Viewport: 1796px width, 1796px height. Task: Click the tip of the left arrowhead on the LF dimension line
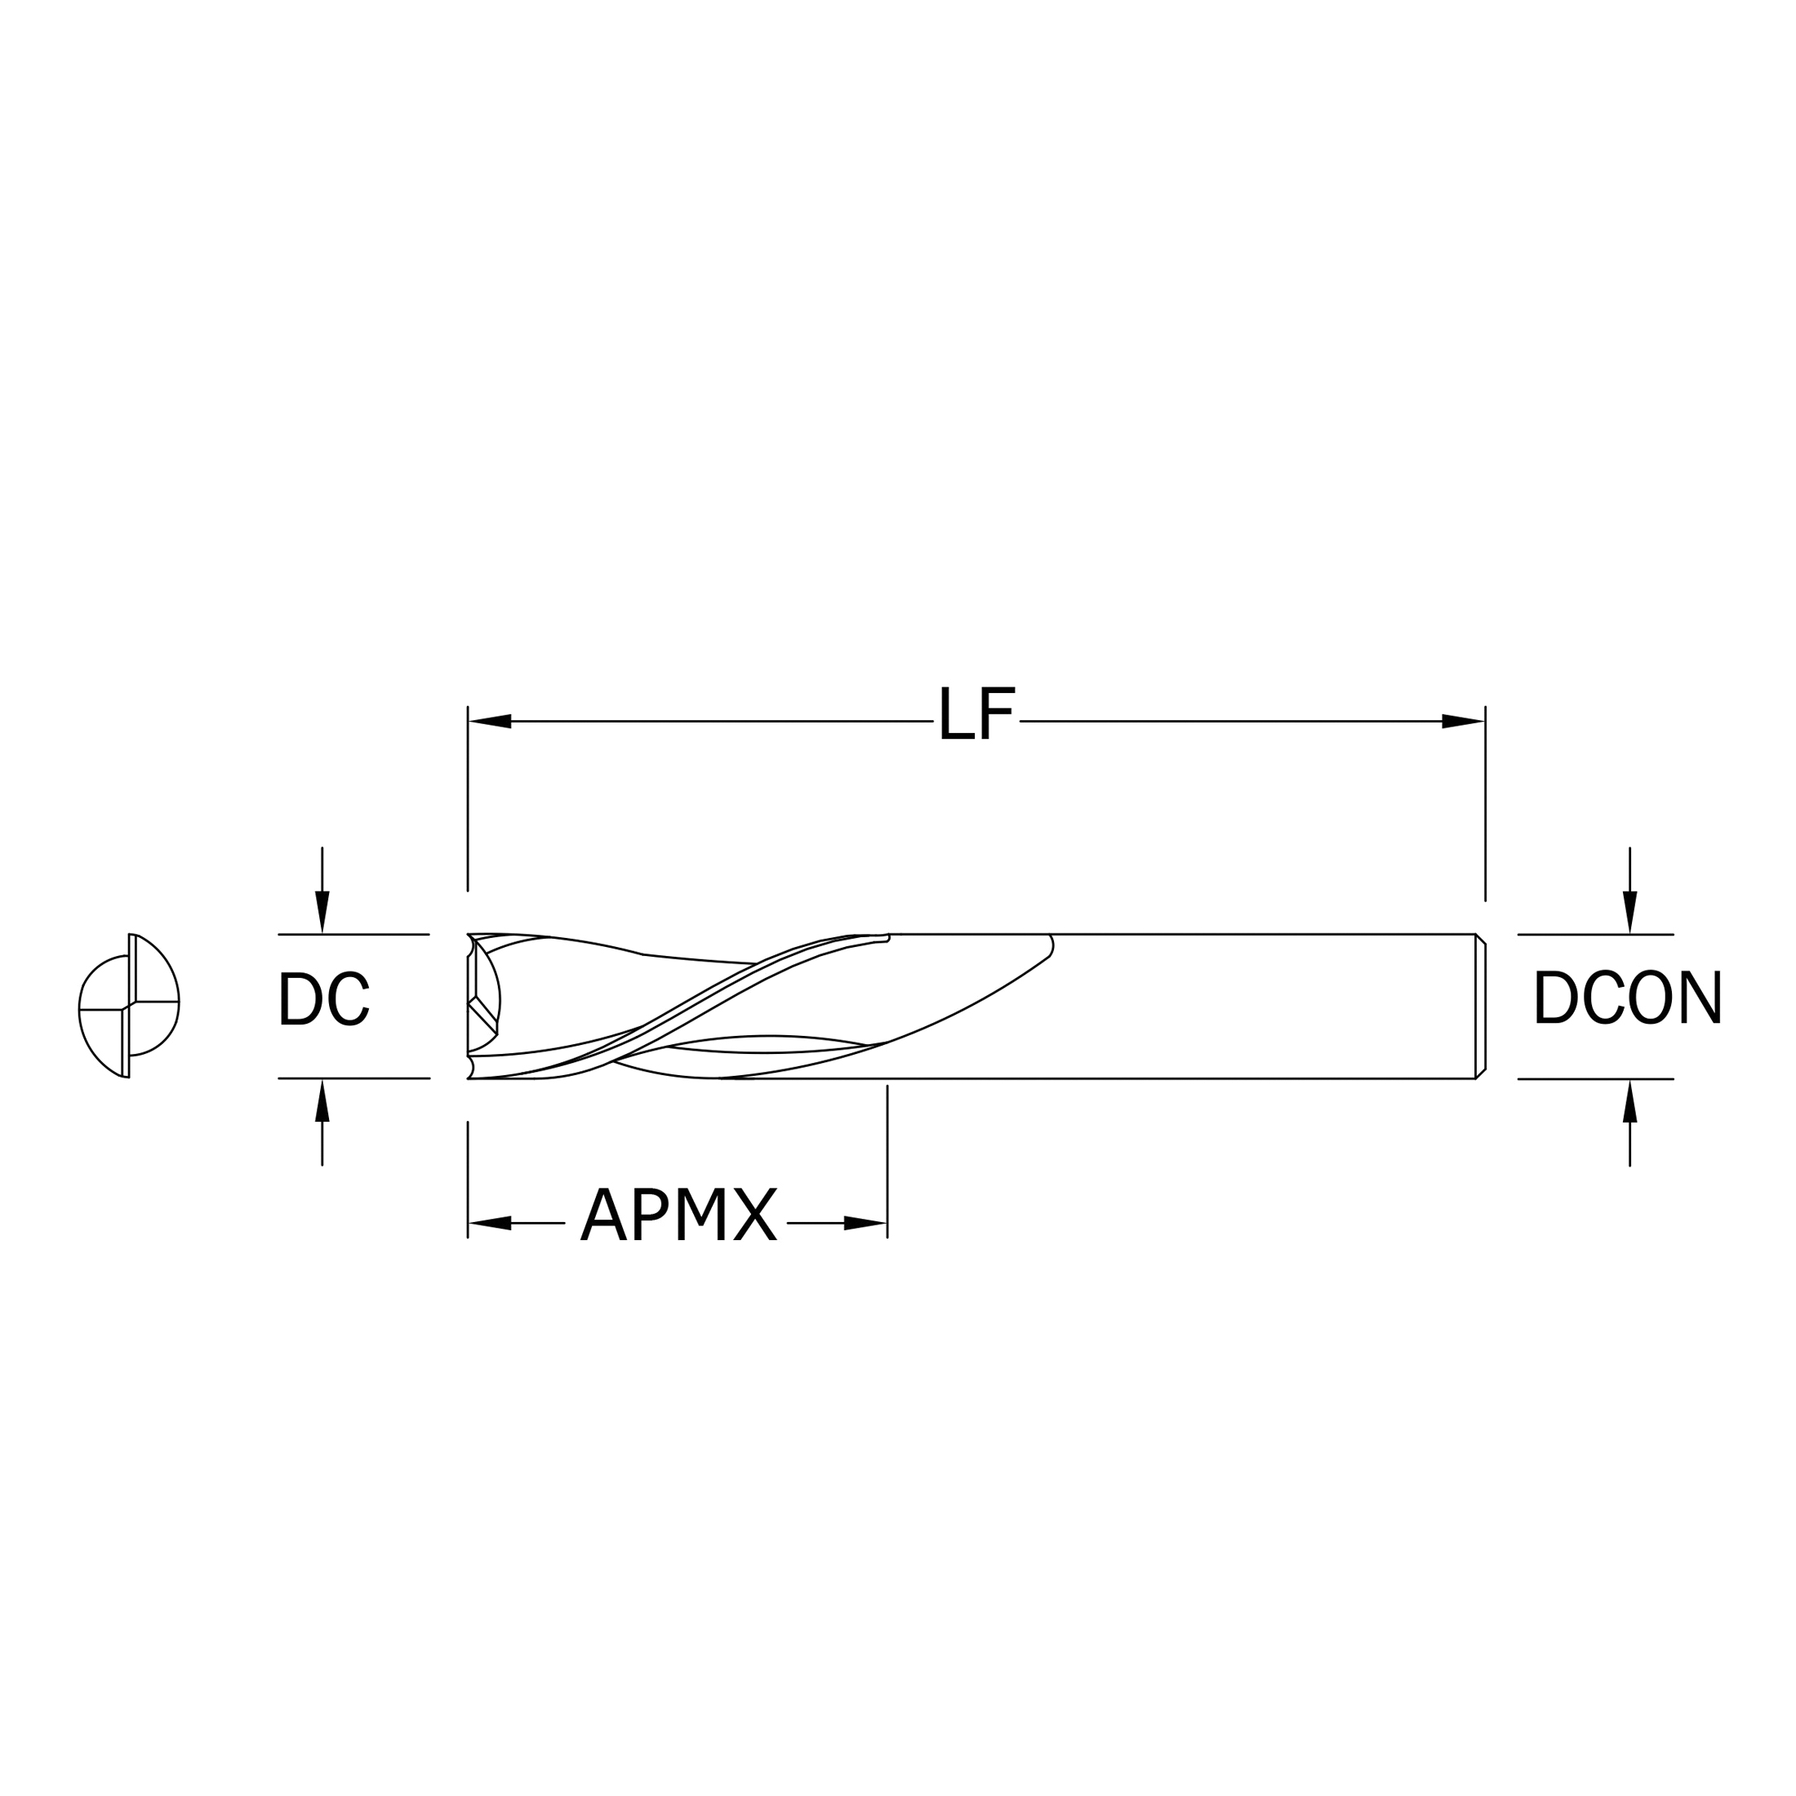(469, 721)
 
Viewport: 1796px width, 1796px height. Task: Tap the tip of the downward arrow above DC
(322, 932)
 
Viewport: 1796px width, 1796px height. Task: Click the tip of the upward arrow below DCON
(1629, 1080)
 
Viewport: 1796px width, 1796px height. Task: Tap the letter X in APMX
(755, 1214)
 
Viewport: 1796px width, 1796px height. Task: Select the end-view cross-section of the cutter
(128, 1005)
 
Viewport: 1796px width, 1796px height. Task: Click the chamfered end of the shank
(1480, 1006)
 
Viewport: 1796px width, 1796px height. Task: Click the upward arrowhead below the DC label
(322, 1100)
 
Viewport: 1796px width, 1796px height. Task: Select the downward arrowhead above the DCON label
(1629, 912)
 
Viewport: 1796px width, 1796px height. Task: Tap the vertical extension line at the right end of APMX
(887, 1162)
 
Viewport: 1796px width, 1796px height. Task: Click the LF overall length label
(976, 714)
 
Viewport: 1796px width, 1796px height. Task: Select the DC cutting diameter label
(323, 998)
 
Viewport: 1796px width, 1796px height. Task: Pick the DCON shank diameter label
(1628, 998)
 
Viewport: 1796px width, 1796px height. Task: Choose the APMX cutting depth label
(678, 1214)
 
